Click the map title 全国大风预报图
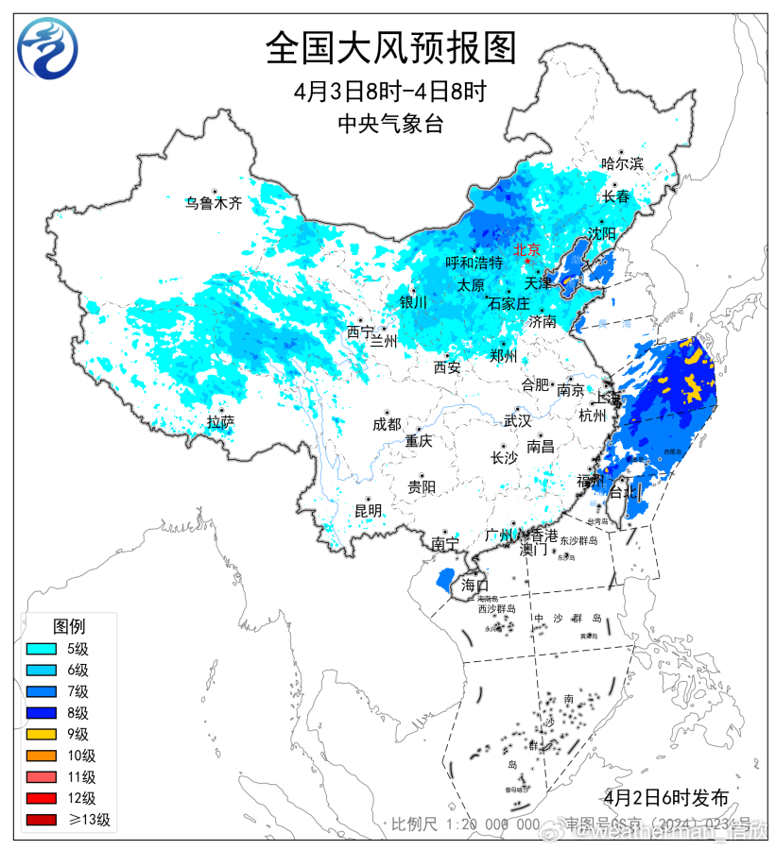click(x=390, y=47)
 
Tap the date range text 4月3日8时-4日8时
click(x=389, y=93)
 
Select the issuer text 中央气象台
click(x=389, y=123)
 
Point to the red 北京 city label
click(x=526, y=250)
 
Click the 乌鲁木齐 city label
click(x=214, y=202)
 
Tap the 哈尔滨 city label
click(x=622, y=163)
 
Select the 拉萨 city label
click(x=220, y=422)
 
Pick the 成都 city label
click(x=387, y=424)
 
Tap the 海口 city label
click(x=474, y=585)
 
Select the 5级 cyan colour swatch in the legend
click(x=43, y=648)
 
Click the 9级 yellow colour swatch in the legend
click(x=43, y=734)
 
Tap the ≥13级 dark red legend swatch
click(x=43, y=820)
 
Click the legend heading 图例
click(x=68, y=626)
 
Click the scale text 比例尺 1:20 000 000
click(x=466, y=824)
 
